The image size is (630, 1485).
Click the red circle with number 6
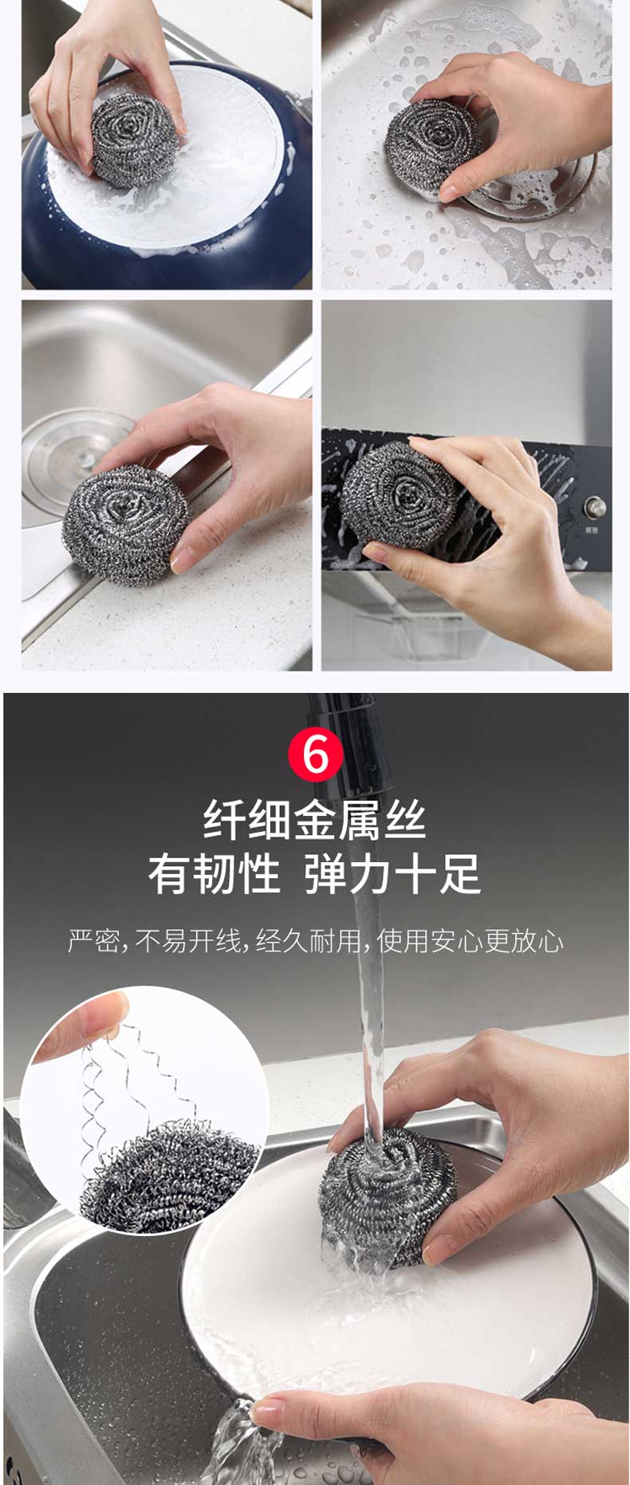316,754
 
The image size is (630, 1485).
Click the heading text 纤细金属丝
315,820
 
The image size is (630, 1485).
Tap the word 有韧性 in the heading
214,874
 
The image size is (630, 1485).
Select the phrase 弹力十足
393,874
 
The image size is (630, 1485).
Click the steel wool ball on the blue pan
132,140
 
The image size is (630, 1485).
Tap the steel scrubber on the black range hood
399,495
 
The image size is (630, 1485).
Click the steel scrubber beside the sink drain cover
434,144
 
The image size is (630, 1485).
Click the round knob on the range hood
594,506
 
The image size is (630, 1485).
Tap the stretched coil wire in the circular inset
140,1085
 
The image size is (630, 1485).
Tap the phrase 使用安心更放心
470,941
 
